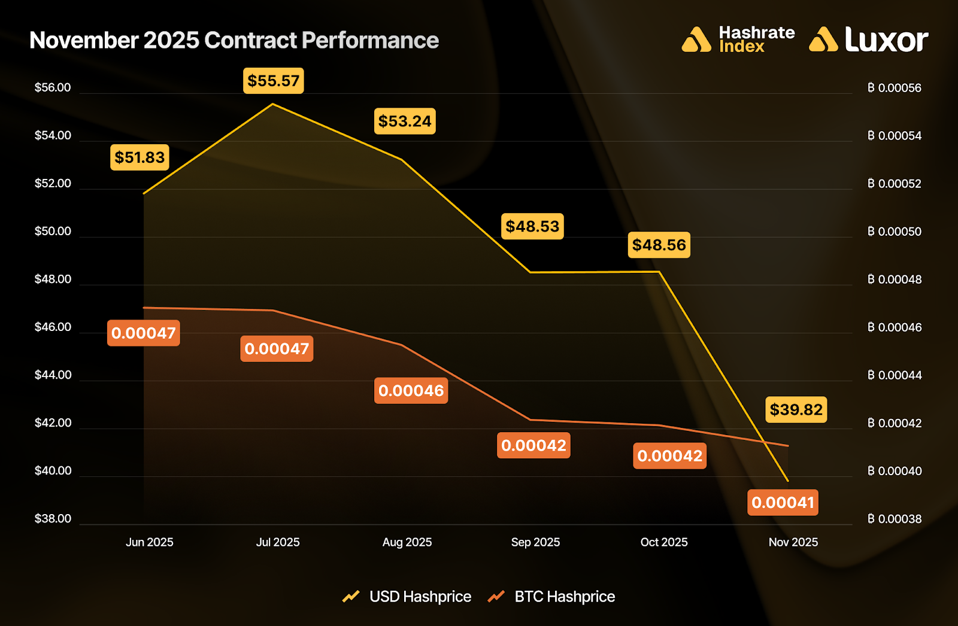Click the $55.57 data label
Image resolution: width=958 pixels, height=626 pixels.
pos(274,81)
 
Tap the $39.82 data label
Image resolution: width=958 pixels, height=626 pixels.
pos(796,410)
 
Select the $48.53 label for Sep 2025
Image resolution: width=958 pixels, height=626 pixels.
pos(532,226)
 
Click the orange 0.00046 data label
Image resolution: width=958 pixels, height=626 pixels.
pos(411,391)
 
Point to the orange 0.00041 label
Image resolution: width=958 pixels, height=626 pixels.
pos(783,503)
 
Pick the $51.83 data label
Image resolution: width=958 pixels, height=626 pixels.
pos(140,157)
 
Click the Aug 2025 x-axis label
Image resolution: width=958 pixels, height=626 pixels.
pos(407,542)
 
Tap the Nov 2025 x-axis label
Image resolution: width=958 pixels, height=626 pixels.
pos(793,542)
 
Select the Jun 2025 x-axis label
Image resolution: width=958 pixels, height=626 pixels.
pos(149,542)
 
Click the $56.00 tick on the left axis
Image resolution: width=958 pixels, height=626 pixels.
pos(53,88)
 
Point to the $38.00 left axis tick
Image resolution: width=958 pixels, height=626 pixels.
pos(53,519)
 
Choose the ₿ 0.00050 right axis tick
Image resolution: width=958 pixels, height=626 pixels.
pos(895,232)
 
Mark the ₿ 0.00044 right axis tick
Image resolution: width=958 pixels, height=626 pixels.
pos(895,375)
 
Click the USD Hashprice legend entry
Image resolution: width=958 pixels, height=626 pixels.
pos(420,597)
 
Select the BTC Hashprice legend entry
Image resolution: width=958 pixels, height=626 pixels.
pos(564,597)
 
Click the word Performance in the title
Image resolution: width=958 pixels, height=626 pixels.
pos(370,41)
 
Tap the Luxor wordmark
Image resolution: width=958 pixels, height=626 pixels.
pos(886,40)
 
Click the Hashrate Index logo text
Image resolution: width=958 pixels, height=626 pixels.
pos(756,39)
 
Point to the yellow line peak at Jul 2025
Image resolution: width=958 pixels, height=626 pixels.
pos(273,104)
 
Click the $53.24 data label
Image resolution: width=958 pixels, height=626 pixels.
pos(405,121)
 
